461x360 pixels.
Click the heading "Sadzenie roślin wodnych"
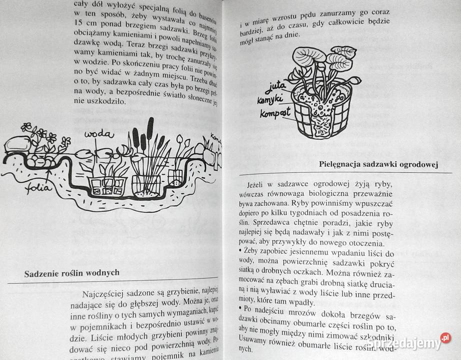pyautogui.click(x=72, y=273)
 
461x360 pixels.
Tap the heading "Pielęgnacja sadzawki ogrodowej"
pyautogui.click(x=377, y=165)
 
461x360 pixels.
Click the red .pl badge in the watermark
pyautogui.click(x=445, y=337)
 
